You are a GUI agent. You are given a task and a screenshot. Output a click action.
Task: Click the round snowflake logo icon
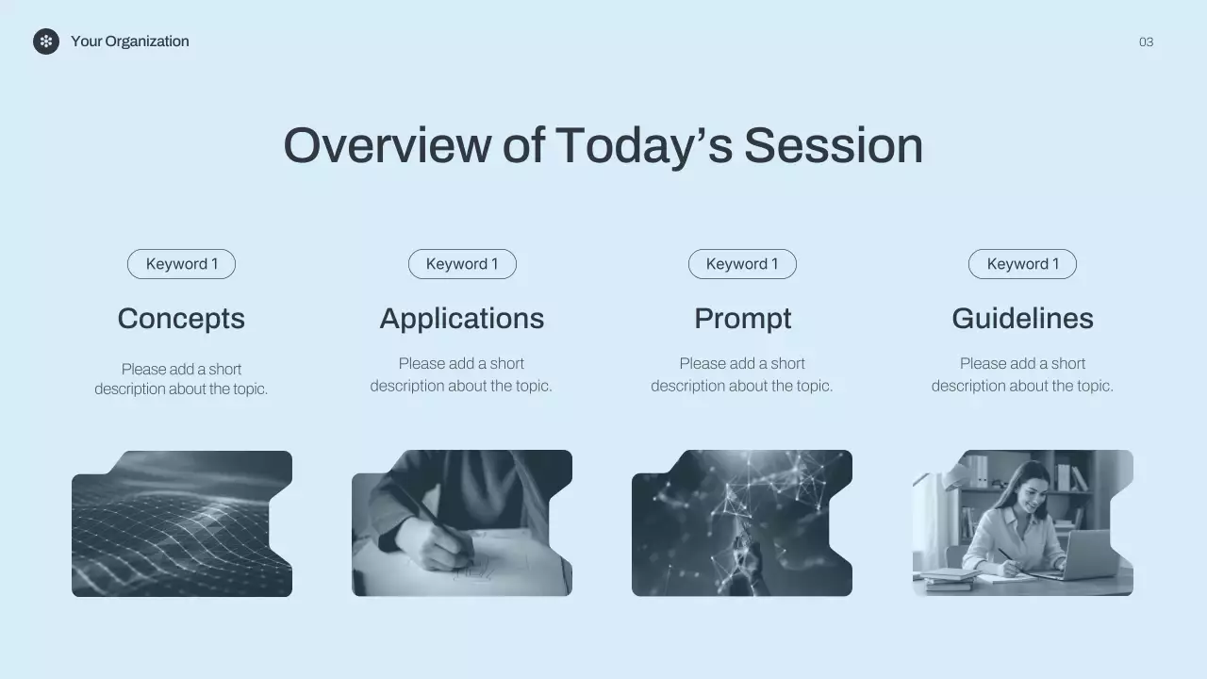point(46,41)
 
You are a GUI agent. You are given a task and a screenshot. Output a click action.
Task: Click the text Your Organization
point(130,41)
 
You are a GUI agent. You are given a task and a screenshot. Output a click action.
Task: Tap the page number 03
point(1146,42)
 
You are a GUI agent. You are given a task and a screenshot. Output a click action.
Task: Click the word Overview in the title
point(387,146)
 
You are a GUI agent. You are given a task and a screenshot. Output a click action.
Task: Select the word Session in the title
point(834,146)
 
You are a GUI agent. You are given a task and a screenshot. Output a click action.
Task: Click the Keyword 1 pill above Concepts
point(182,264)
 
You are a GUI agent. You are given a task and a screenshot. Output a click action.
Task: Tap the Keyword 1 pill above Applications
point(462,264)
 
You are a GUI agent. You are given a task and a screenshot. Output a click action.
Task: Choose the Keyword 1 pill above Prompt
point(742,264)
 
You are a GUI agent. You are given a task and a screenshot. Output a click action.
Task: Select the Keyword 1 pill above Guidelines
point(1023,264)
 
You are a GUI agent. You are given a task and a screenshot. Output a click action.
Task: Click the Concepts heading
point(182,320)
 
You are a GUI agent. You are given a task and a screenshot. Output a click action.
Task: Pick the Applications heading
point(462,320)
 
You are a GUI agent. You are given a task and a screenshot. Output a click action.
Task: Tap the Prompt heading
point(742,320)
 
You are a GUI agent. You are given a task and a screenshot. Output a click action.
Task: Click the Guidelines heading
point(1023,319)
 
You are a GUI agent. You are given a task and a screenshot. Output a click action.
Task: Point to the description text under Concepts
point(182,379)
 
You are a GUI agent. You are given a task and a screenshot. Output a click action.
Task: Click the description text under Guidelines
point(1023,374)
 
